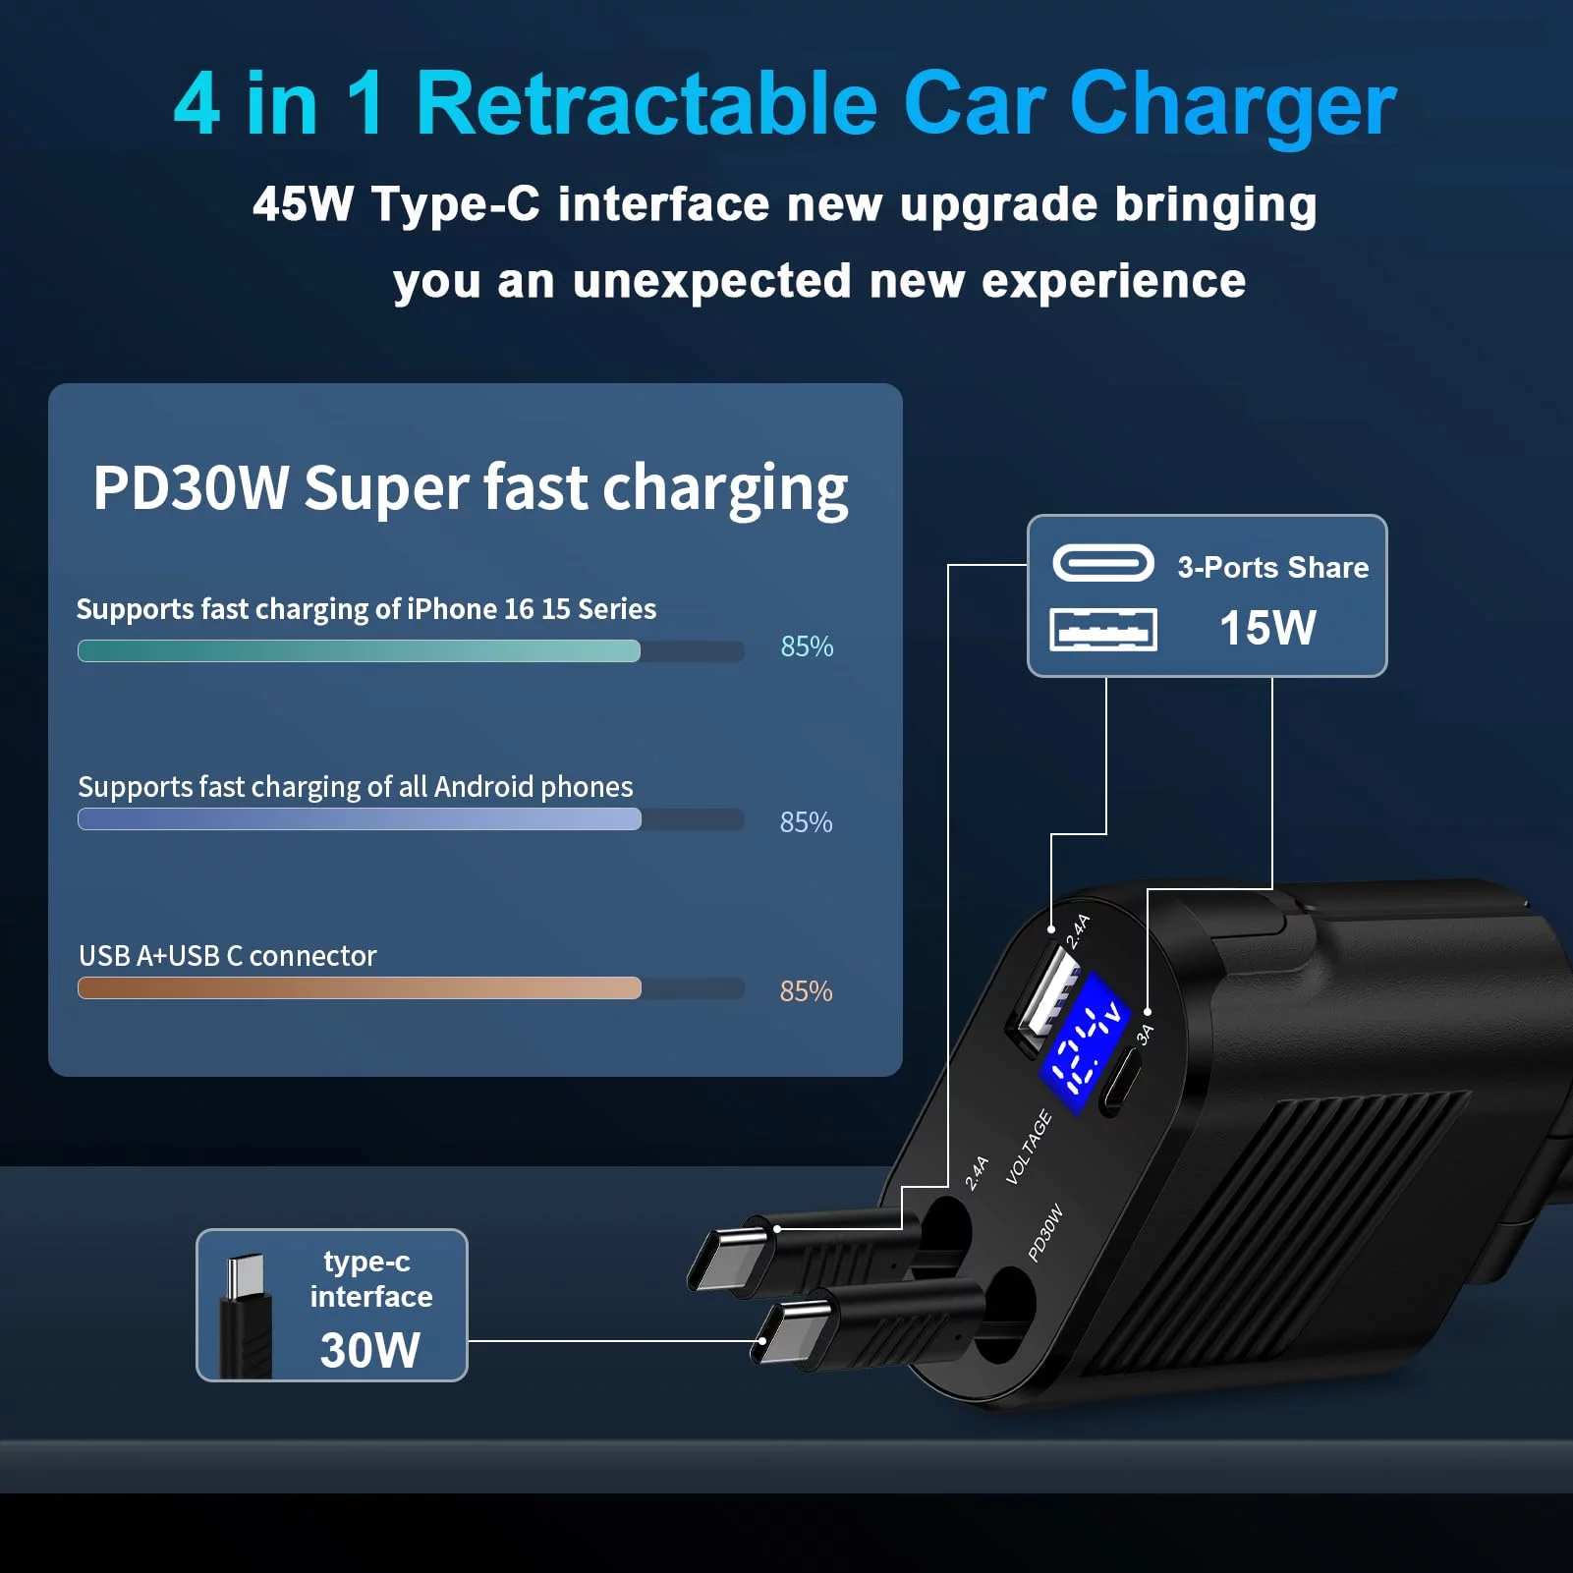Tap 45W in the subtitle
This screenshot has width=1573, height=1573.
[303, 204]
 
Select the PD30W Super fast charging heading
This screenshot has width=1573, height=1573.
[471, 488]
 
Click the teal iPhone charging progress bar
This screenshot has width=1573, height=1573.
[360, 650]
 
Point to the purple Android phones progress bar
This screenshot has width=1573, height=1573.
[360, 819]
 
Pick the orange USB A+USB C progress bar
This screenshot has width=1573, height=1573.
[360, 987]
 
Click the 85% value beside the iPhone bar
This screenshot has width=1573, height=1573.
[807, 646]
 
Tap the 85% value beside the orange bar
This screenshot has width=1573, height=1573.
[806, 991]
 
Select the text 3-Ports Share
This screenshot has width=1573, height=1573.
[1273, 567]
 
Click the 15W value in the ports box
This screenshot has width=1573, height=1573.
[1267, 628]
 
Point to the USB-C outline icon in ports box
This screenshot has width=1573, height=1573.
[1103, 563]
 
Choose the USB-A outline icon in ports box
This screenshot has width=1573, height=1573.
[1103, 630]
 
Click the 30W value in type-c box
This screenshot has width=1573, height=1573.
[370, 1350]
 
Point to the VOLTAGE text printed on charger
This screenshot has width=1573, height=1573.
[1029, 1147]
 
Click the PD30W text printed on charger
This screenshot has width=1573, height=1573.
[1045, 1232]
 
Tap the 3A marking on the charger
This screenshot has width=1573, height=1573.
[1145, 1034]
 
